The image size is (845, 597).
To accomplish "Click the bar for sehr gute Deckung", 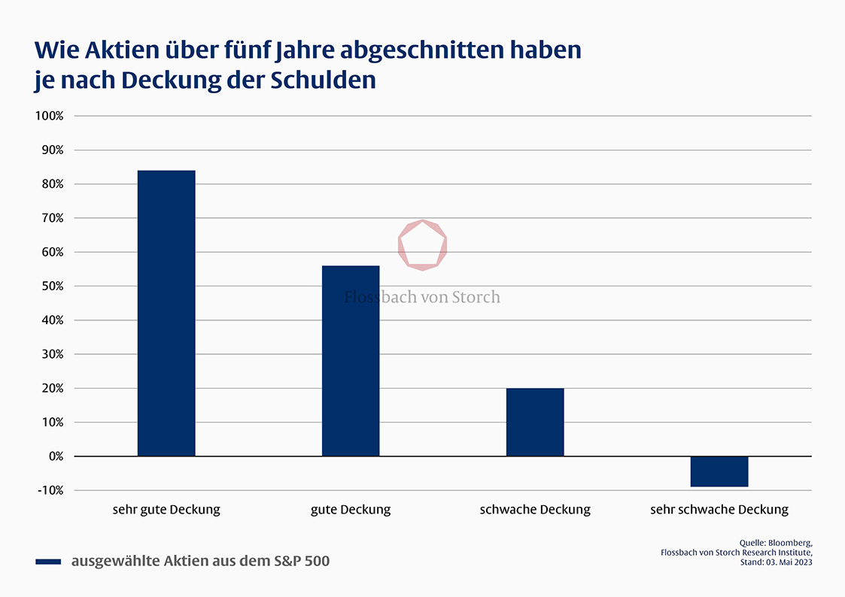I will point(166,313).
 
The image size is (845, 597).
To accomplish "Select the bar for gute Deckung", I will point(351,361).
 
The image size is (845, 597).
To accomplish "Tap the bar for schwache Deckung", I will point(535,422).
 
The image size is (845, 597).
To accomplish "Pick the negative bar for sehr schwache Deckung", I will point(719,471).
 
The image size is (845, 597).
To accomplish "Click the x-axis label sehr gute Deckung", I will point(166,510).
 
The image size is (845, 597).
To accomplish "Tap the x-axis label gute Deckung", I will point(351,510).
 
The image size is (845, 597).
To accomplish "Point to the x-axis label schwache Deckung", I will point(535,510).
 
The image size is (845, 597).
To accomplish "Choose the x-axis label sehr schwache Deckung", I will point(719,510).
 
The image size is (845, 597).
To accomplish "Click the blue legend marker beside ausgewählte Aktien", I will point(48,562).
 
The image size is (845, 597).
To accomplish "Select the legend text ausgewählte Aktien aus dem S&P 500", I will point(200,561).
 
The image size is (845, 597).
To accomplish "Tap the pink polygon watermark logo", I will point(423,244).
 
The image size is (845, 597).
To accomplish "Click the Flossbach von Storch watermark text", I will point(422,297).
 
